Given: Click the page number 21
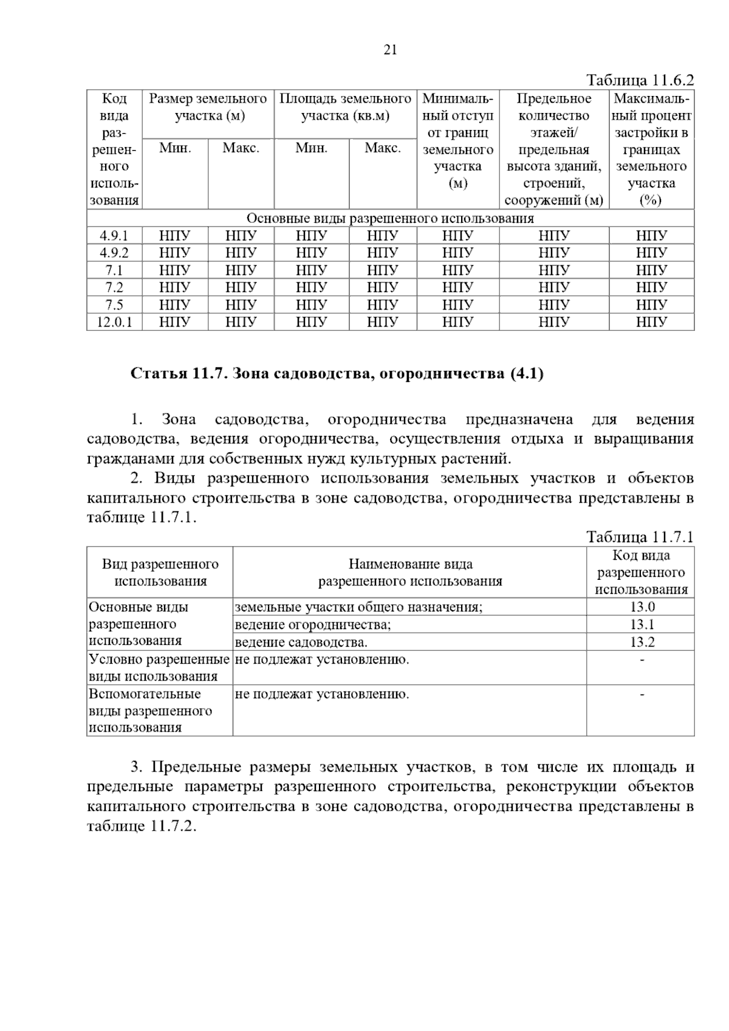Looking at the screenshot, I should pos(390,50).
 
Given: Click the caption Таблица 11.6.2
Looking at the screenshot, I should pos(639,80).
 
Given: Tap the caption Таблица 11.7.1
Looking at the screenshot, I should pos(639,537).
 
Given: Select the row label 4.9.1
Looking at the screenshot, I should pos(114,236).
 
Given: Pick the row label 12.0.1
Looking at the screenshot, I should pos(114,322).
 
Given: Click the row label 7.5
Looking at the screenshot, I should pos(114,305).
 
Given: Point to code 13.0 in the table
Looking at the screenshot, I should pos(642,607).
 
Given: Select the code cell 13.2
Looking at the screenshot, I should pos(642,642).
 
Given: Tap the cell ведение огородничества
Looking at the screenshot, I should pos(313,624).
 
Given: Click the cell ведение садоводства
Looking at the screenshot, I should pos(301,642).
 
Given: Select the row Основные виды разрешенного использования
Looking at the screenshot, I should pos(390,219).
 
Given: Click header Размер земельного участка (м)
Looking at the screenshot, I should pos(208,107).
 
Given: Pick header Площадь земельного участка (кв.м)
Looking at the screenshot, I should pos(345,107).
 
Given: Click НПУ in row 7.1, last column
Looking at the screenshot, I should pos(651,270).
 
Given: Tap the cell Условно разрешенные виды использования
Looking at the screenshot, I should pos(159,667).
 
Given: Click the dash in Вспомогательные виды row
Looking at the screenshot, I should pos(642,694).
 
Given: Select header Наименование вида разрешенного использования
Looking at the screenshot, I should pos(410,573).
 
